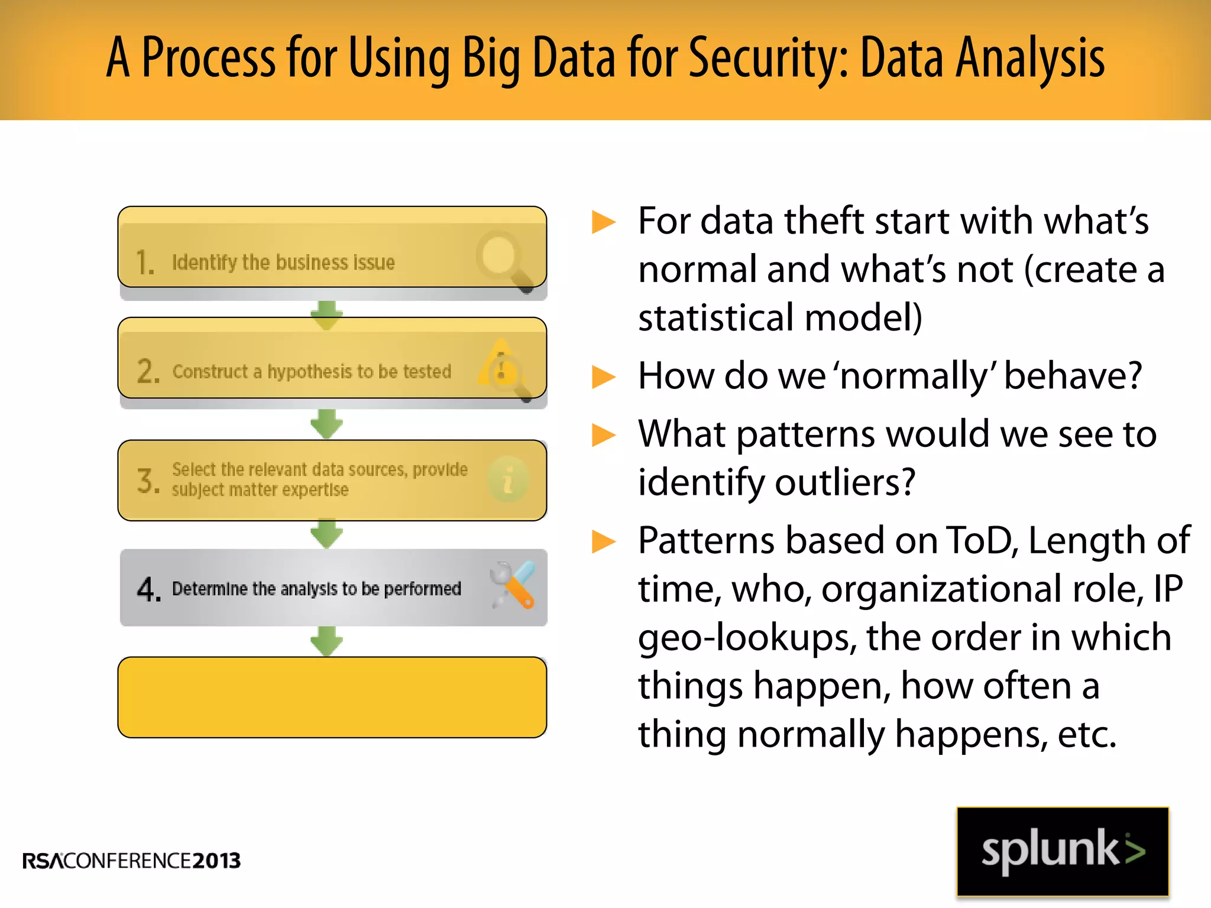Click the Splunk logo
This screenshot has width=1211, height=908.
coord(1063,851)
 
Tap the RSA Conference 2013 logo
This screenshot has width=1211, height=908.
coord(131,861)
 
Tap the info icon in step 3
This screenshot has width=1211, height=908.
coord(508,479)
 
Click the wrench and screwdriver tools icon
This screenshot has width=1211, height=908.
coord(513,585)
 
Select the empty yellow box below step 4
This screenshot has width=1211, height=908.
coord(332,698)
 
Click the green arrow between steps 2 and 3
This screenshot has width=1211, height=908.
coord(326,423)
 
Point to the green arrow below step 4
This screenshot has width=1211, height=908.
coord(326,641)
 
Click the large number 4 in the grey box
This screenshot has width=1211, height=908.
coord(148,589)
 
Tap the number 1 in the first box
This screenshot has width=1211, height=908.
coord(144,262)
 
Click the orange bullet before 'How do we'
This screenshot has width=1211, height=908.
coord(604,377)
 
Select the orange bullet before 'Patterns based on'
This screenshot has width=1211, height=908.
coord(604,541)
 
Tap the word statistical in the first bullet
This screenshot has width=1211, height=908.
coord(715,317)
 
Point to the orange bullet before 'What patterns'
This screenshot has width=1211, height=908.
coord(604,435)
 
